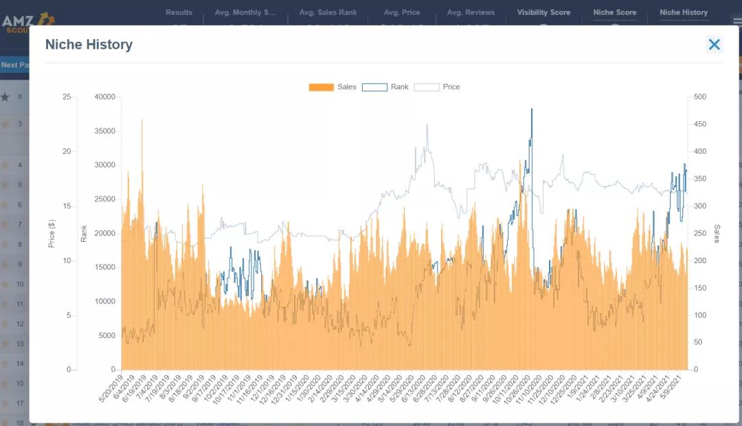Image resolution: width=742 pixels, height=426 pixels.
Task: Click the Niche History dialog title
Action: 89,45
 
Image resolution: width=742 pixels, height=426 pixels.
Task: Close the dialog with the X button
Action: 714,45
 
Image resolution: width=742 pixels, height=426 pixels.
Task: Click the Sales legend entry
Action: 333,87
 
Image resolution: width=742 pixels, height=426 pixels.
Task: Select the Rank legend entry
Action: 385,87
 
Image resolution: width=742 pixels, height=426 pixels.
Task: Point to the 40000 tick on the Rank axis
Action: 104,97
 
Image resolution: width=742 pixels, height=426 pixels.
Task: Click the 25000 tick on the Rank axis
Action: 104,199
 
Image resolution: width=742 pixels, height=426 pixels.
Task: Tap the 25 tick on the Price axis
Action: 67,97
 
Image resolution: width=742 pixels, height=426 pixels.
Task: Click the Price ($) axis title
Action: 52,234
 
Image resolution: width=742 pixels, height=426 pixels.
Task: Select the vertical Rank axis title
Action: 84,234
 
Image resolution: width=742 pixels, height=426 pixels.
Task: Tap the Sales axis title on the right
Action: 717,234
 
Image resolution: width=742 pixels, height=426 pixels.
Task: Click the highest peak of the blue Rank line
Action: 531,109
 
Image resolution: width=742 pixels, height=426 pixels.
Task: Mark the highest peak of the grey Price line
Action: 427,125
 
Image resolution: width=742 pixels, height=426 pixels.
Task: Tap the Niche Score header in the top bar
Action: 615,12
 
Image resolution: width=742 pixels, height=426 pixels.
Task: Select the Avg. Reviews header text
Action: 471,12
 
